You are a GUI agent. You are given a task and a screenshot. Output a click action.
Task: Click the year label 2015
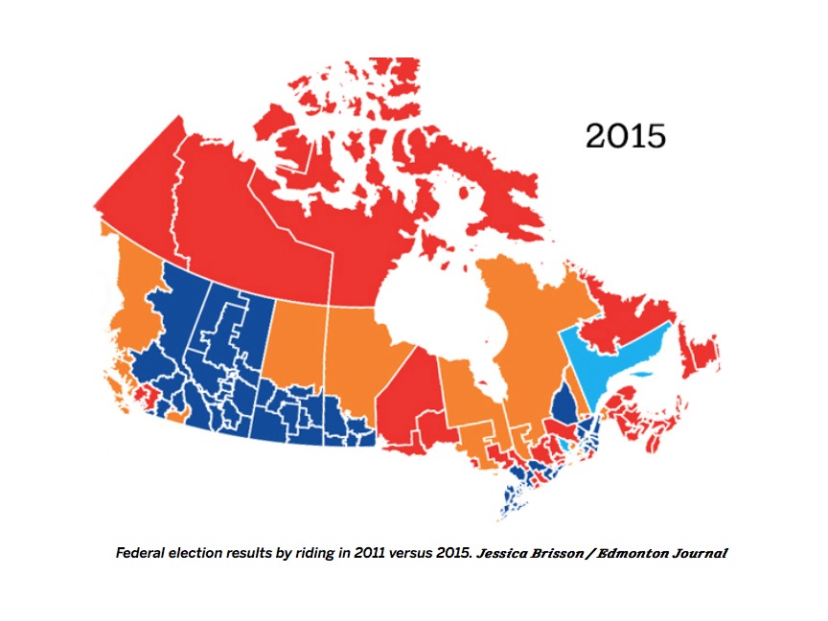(625, 135)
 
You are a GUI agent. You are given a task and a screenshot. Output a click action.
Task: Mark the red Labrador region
(623, 307)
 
